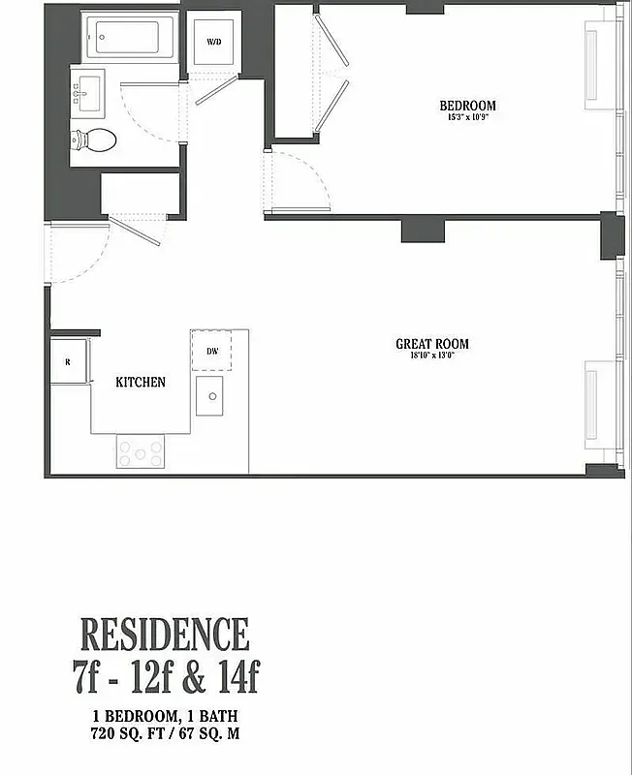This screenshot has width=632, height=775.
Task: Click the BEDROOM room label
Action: pyautogui.click(x=467, y=106)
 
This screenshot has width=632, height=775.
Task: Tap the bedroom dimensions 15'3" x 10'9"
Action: pyautogui.click(x=467, y=118)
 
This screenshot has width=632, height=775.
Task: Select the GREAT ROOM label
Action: pyautogui.click(x=431, y=344)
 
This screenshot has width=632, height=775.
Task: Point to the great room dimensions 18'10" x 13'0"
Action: pyautogui.click(x=431, y=356)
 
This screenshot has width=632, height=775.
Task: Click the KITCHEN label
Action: pyautogui.click(x=141, y=383)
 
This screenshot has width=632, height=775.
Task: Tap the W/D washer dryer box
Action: pyautogui.click(x=212, y=43)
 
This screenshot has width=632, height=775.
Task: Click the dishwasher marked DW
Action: pyautogui.click(x=210, y=352)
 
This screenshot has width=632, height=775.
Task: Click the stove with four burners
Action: pyautogui.click(x=141, y=451)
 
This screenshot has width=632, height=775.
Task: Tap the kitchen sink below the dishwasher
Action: pyautogui.click(x=208, y=395)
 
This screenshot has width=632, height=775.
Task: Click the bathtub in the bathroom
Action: pyautogui.click(x=131, y=39)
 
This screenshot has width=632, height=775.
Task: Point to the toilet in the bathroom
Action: pyautogui.click(x=94, y=139)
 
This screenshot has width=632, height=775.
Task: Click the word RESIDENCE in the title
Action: pyautogui.click(x=164, y=635)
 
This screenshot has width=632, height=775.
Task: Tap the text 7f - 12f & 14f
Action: pyautogui.click(x=166, y=674)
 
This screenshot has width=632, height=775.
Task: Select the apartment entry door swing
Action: pyautogui.click(x=73, y=252)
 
